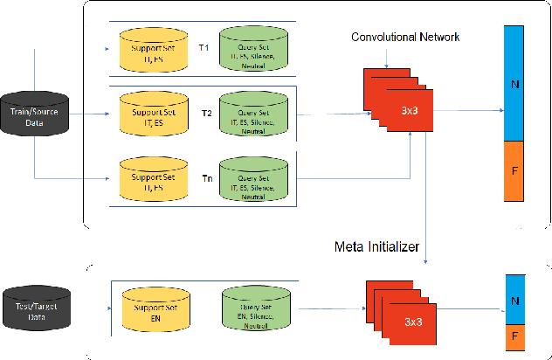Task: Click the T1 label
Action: (203, 47)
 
